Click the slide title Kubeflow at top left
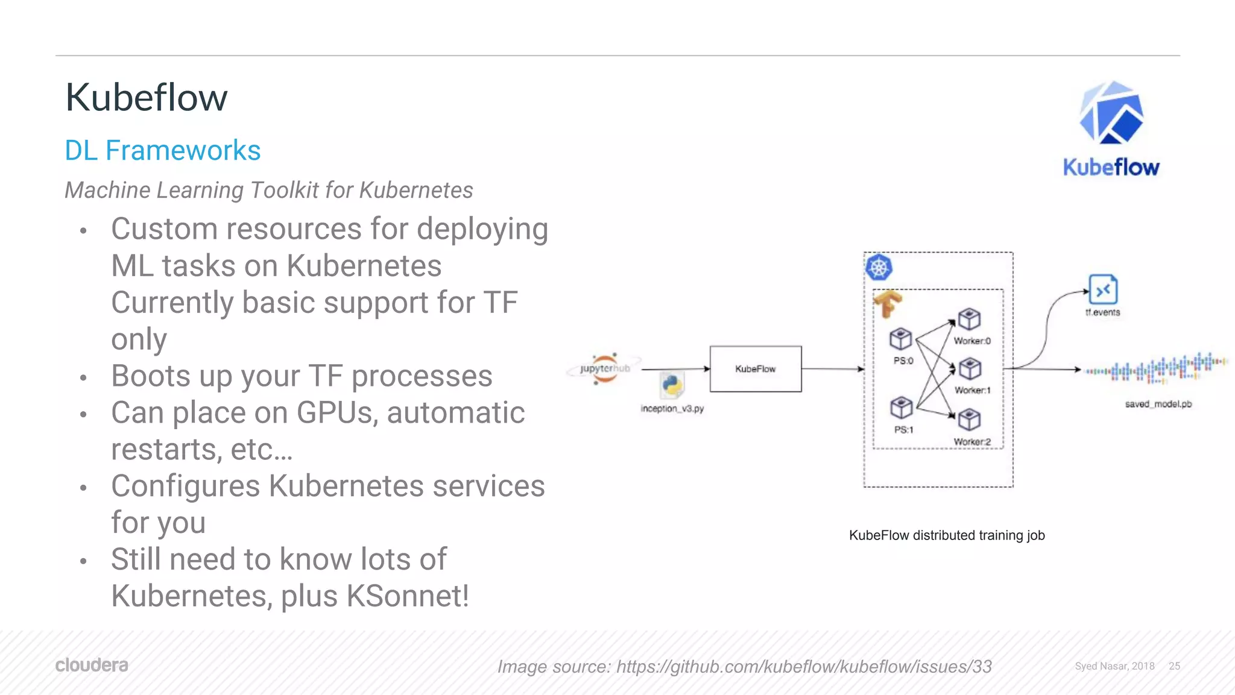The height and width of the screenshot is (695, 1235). (x=147, y=98)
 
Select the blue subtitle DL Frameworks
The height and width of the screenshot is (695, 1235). (x=163, y=150)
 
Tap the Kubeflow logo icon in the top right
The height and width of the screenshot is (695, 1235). (x=1111, y=114)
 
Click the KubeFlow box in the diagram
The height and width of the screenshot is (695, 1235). (x=756, y=369)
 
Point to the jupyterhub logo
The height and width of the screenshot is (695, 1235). (x=605, y=368)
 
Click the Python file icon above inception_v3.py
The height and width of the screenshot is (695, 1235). (x=672, y=385)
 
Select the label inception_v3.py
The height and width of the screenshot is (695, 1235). (x=672, y=409)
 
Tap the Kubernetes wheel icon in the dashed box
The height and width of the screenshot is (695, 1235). (x=879, y=267)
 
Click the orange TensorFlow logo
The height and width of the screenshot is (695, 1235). (x=888, y=303)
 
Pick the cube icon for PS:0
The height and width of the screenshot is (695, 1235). (x=901, y=339)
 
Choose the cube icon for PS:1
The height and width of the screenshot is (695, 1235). (x=902, y=407)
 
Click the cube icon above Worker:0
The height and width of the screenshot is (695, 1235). (x=969, y=319)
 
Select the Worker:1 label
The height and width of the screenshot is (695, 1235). (x=972, y=391)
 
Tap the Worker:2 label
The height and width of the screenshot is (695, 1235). (x=972, y=442)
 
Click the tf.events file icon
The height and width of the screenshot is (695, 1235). (x=1103, y=290)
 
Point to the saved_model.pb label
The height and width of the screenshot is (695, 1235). (x=1158, y=404)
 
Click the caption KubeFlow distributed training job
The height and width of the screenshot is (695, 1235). (x=947, y=535)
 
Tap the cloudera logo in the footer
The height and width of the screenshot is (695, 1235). (x=92, y=665)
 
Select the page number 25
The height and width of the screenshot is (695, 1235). (x=1174, y=666)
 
